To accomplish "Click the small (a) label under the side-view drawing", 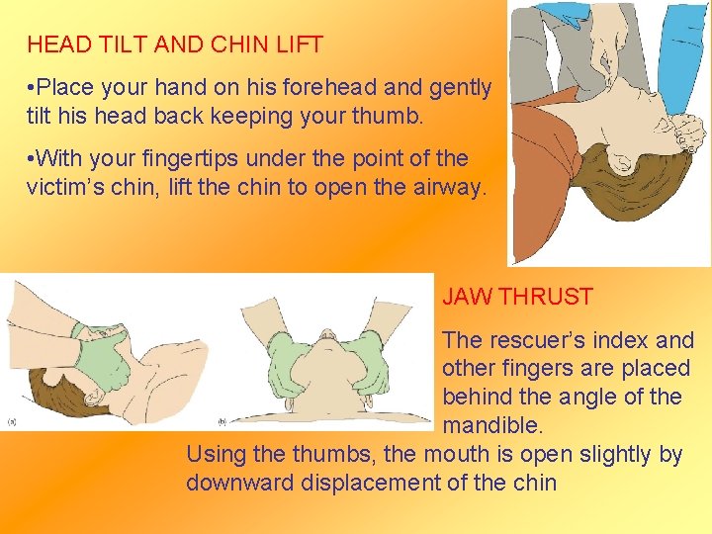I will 12,421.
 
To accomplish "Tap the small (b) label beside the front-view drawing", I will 222,421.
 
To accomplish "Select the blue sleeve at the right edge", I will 682,59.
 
